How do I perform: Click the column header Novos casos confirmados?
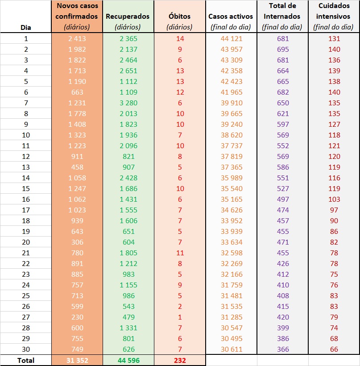(x=77, y=17)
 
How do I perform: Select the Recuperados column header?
(x=128, y=17)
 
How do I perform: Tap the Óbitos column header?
(x=179, y=17)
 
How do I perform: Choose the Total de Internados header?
(x=282, y=17)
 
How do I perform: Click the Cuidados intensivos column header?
(x=334, y=17)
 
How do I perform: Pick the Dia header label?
(x=26, y=27)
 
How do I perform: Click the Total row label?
(x=26, y=360)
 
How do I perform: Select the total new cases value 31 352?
(x=77, y=360)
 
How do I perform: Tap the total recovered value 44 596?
(x=128, y=360)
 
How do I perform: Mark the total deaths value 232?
(x=179, y=360)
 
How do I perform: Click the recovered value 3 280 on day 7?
(x=128, y=103)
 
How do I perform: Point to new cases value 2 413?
(x=77, y=39)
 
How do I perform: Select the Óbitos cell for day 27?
(x=179, y=317)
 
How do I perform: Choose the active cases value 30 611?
(x=231, y=349)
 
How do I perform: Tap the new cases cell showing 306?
(x=77, y=242)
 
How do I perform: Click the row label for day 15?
(x=26, y=189)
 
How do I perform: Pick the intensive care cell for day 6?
(x=334, y=92)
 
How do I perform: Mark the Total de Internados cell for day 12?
(x=282, y=157)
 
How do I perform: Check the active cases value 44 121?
(x=231, y=39)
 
